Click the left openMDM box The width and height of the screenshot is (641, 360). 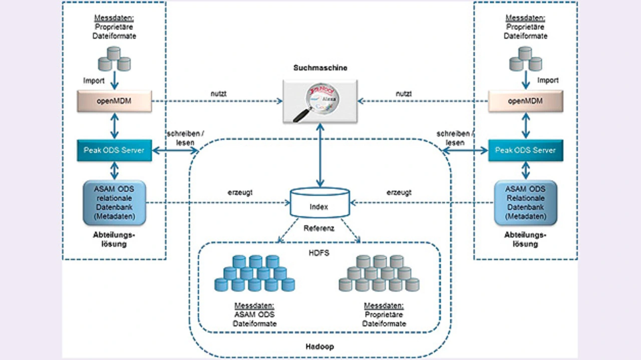[x=114, y=101]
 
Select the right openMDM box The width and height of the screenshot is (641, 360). [x=525, y=101]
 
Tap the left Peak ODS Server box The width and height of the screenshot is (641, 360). [x=114, y=150]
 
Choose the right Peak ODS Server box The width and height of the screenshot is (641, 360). [x=525, y=150]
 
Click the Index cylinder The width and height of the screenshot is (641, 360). [x=320, y=202]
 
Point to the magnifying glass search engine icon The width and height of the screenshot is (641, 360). [x=319, y=101]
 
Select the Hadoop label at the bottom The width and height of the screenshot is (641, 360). [x=319, y=346]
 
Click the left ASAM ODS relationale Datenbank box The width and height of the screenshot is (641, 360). [x=114, y=203]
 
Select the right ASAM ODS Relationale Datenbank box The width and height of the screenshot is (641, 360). [x=525, y=203]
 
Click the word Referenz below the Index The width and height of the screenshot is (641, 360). [x=319, y=228]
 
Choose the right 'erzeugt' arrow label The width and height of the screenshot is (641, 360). [x=399, y=192]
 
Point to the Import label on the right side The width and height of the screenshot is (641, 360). [x=547, y=80]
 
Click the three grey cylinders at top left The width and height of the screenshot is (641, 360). [x=114, y=59]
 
